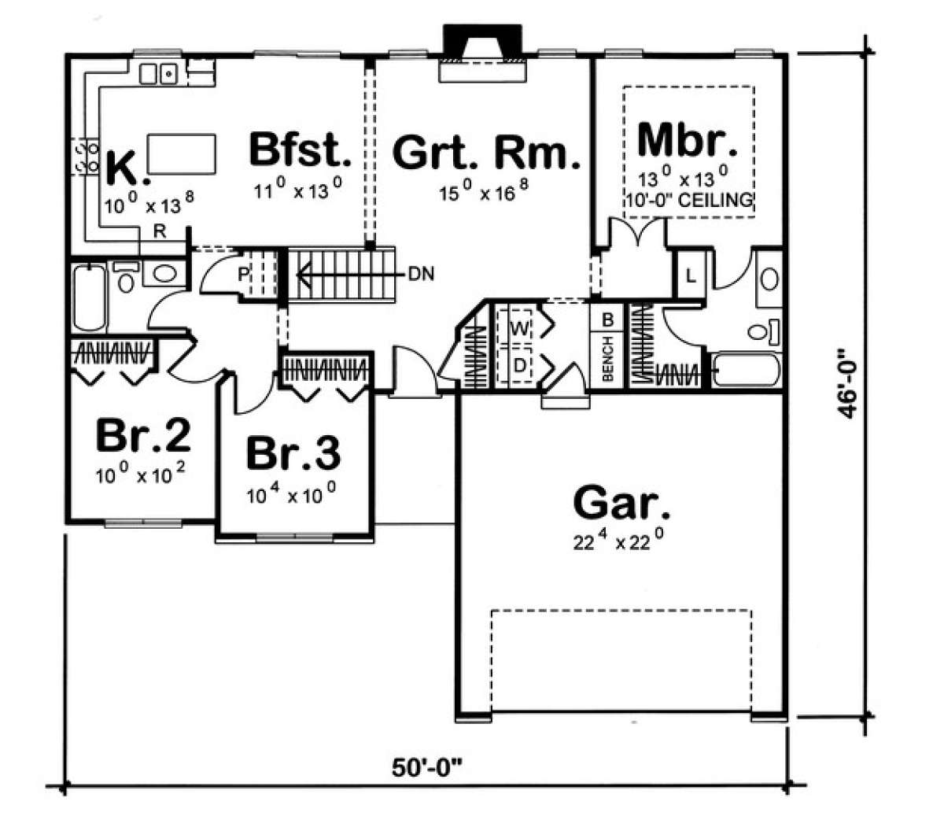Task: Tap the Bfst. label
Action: click(x=300, y=150)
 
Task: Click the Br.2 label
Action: click(x=143, y=435)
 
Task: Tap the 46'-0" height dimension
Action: click(x=846, y=382)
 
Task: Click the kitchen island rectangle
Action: click(x=182, y=153)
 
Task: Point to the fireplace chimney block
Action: click(x=482, y=42)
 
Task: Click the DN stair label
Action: click(x=421, y=274)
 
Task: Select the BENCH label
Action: click(x=607, y=360)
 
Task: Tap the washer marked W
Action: click(x=519, y=329)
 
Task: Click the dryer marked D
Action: click(x=519, y=366)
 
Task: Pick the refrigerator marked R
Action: click(x=160, y=231)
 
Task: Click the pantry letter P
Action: click(x=243, y=275)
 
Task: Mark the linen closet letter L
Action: click(x=691, y=277)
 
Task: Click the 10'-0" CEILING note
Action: click(x=688, y=201)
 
